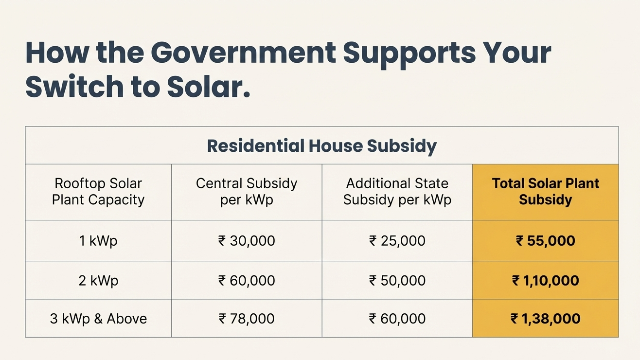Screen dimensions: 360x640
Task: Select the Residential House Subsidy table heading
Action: pos(321,146)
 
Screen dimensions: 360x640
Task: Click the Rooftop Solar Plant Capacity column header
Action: pos(98,192)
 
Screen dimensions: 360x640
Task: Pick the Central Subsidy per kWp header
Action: pos(247,192)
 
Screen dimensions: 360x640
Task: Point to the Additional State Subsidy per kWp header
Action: pos(397,192)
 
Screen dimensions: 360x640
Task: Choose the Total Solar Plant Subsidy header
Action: pos(545,192)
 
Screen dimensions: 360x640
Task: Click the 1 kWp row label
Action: pos(98,241)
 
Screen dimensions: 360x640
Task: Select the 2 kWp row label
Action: pos(98,281)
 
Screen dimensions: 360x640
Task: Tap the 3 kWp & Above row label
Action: pos(98,319)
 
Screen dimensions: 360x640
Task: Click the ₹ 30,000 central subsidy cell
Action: pos(247,241)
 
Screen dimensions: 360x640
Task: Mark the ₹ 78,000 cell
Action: pos(247,319)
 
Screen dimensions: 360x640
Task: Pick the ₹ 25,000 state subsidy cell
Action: pos(397,241)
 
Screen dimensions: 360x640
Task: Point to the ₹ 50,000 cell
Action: pos(397,281)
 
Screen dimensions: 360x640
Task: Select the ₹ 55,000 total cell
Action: pos(545,241)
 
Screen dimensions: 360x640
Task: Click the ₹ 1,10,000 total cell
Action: pos(545,281)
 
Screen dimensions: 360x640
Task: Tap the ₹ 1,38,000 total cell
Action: pos(545,319)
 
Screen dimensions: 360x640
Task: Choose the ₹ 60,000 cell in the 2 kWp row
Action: pos(247,281)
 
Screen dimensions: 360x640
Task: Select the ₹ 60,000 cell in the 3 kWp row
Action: pos(397,319)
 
